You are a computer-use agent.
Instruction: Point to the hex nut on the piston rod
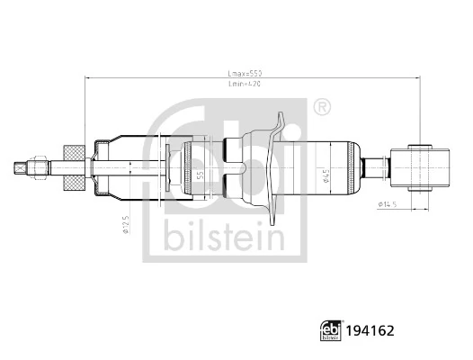pyautogui.click(x=40, y=167)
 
